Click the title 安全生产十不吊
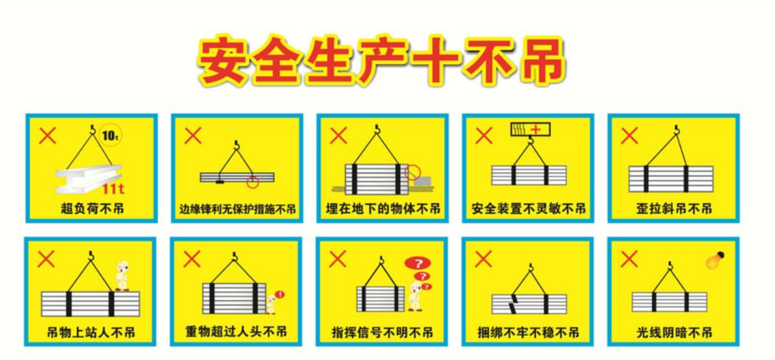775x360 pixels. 381,62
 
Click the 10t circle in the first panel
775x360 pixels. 110,135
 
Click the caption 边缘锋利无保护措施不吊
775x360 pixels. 237,210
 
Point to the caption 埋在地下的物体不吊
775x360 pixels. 383,210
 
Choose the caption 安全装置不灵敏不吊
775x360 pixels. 529,210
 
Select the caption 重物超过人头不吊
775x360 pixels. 237,333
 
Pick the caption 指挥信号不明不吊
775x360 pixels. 383,333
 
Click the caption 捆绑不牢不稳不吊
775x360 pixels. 529,333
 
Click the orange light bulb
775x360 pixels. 715,259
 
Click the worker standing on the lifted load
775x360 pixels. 123,276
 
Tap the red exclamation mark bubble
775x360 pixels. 279,294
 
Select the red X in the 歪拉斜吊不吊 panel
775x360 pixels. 629,135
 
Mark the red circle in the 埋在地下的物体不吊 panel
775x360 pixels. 412,172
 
